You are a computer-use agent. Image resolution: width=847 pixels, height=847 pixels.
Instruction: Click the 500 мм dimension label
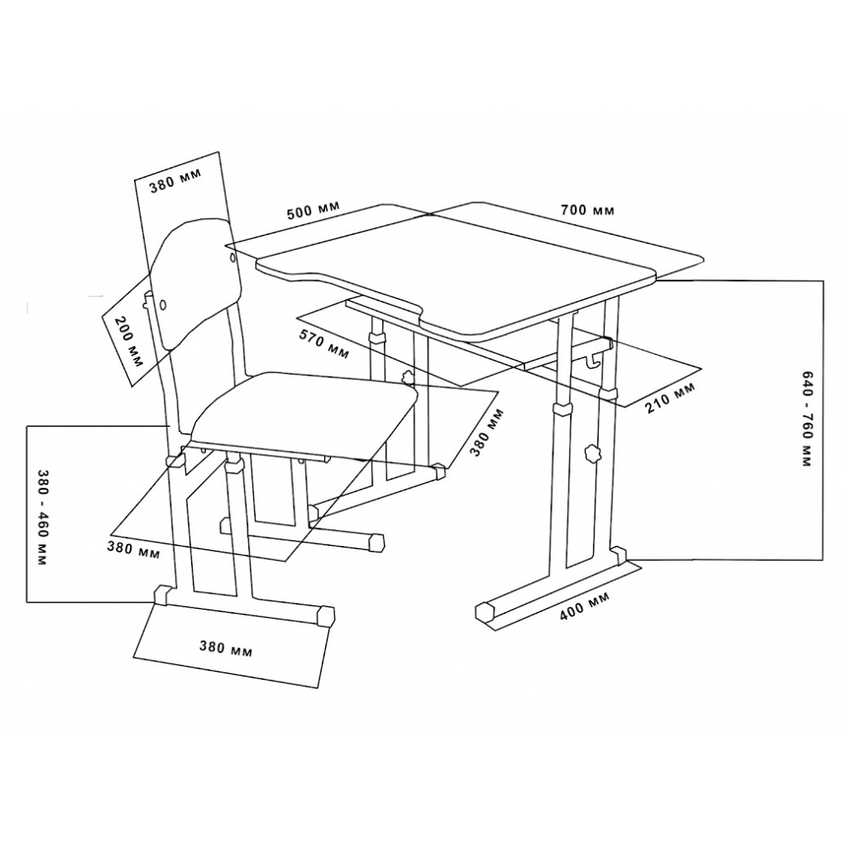click(x=313, y=209)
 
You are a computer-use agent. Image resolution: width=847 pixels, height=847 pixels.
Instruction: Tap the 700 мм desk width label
click(x=587, y=209)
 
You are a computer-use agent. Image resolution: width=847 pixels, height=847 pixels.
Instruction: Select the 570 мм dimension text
click(x=324, y=343)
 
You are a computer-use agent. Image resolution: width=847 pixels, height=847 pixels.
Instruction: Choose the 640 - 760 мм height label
click(x=807, y=419)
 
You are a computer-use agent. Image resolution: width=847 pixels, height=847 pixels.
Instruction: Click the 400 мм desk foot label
click(x=584, y=606)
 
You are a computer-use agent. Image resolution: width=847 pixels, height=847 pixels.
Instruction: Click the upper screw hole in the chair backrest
click(x=233, y=259)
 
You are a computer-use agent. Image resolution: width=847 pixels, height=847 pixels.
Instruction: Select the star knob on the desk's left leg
click(x=409, y=376)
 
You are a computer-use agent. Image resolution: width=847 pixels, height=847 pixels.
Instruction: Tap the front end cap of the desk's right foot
click(x=486, y=612)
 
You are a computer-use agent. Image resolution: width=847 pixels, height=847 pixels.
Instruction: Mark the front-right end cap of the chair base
click(x=326, y=615)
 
